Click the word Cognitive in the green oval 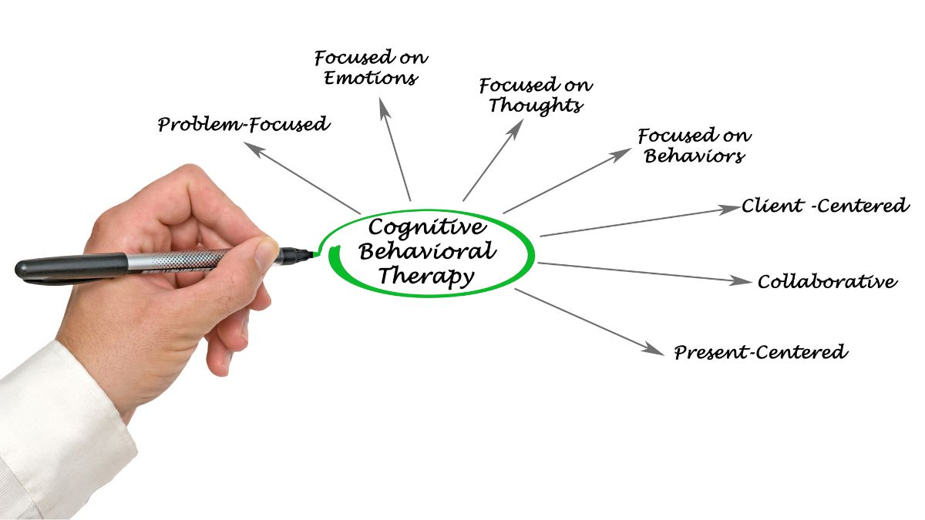[x=427, y=227]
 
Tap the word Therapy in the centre [x=426, y=277]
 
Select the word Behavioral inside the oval [x=427, y=251]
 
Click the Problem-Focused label [x=244, y=124]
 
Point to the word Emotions [x=371, y=78]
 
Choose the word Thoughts [x=536, y=105]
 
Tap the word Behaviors [x=695, y=156]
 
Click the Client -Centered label [x=825, y=206]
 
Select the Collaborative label [x=828, y=281]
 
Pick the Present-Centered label [x=761, y=352]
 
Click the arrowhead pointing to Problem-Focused [x=253, y=149]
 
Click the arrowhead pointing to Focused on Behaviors [x=621, y=154]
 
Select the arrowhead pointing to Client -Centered [x=728, y=209]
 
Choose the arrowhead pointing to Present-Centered [x=652, y=349]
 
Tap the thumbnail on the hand [x=265, y=253]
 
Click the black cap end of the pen [x=71, y=269]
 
